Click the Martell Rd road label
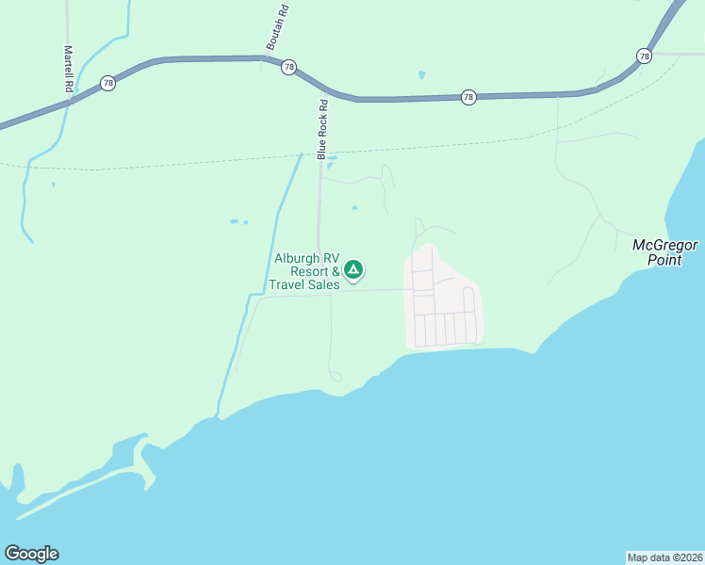(69, 69)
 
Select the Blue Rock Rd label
(322, 129)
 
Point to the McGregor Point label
(664, 252)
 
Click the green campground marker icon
(353, 271)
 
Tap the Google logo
(31, 554)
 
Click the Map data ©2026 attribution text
(664, 557)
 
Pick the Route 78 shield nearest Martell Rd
(108, 84)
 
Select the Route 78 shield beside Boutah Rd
(288, 67)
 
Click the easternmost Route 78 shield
(644, 56)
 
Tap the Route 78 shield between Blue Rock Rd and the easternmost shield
(468, 97)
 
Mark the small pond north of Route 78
(421, 74)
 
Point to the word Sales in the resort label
(321, 284)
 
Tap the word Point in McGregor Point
(664, 260)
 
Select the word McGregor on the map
(664, 245)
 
